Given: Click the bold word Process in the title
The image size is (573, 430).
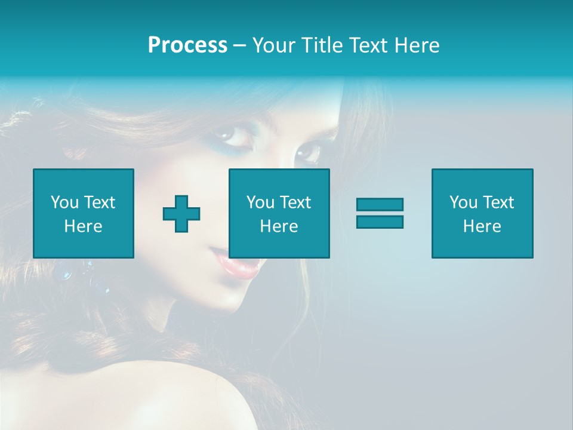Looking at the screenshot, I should point(187,45).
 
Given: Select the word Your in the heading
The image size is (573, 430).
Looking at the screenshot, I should point(274,45).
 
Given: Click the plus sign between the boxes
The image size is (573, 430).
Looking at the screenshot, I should point(181,214).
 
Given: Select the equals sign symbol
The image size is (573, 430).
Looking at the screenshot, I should point(380,213).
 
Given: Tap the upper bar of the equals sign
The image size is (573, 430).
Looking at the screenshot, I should point(380,205).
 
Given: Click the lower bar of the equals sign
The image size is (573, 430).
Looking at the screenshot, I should point(380,222).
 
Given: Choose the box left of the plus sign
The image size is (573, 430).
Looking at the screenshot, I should point(84,213).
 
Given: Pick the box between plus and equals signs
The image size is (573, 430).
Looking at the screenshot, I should point(279,213).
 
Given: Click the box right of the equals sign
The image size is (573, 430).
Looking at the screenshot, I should point(482,213).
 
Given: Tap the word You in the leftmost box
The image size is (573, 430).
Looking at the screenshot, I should point(64,202).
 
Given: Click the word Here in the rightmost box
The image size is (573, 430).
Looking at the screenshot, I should point(482,226).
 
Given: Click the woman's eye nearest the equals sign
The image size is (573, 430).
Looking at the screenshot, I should point(309,152).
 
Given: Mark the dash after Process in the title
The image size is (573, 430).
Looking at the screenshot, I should point(240,45).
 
